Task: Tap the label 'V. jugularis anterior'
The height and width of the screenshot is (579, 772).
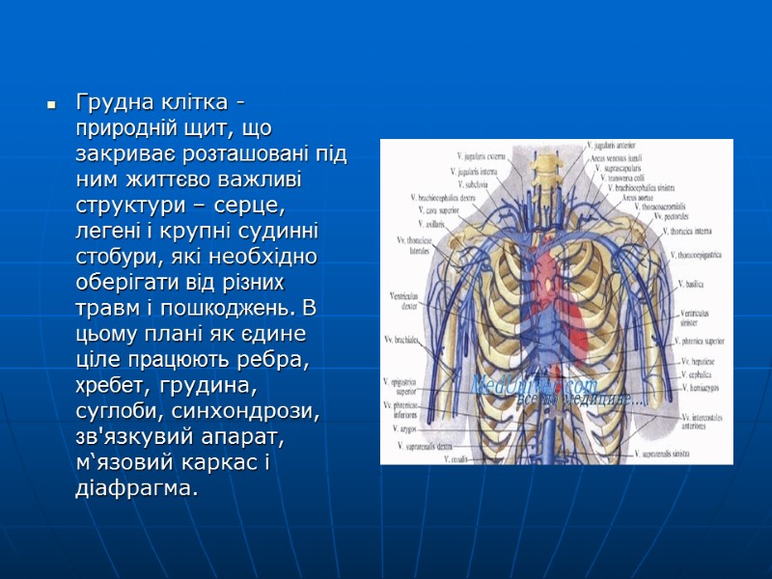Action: coord(619,146)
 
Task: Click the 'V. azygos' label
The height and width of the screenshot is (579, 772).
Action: coord(414,427)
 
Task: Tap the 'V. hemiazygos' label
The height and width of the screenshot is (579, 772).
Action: coord(703,386)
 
